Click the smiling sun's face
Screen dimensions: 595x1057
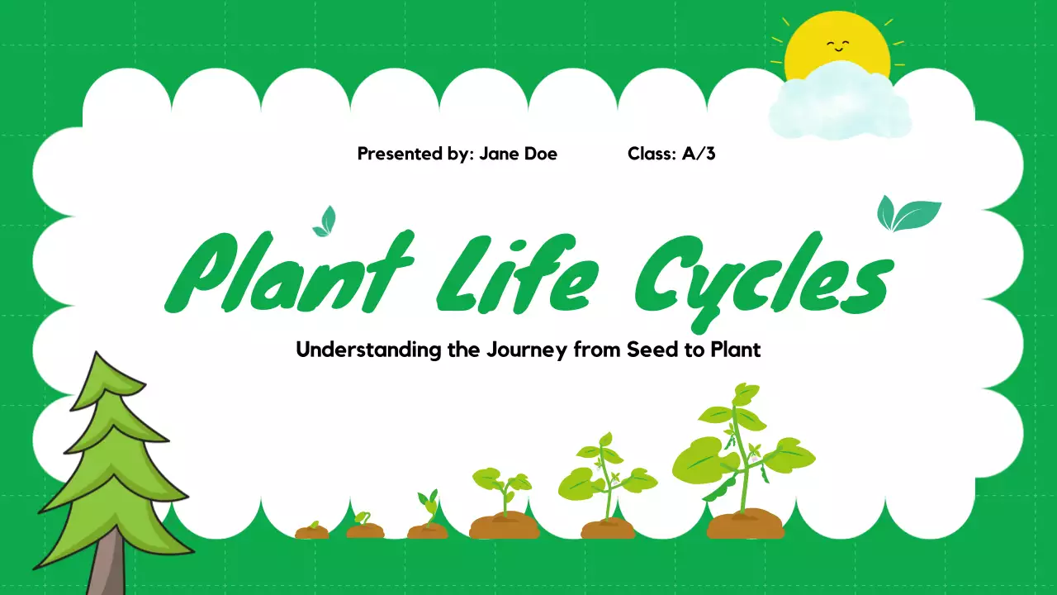point(837,46)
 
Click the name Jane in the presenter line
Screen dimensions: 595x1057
point(500,154)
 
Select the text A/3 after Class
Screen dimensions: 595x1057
point(699,154)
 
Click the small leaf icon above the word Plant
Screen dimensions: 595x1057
point(325,221)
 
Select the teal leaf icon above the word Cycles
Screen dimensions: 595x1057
point(907,214)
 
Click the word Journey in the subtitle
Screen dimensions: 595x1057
point(521,350)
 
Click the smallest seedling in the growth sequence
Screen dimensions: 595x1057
point(312,529)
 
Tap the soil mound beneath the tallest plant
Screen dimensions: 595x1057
point(745,525)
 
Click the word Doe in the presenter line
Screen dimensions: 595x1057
point(541,154)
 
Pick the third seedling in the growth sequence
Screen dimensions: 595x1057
point(428,516)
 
